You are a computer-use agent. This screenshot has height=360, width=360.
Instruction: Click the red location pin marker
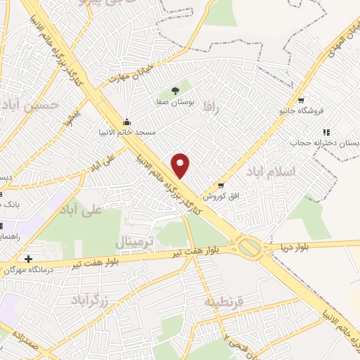click(181, 165)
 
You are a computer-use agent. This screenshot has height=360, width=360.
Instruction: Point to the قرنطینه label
click(223, 302)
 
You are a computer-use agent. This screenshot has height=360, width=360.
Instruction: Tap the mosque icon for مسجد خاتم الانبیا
click(126, 120)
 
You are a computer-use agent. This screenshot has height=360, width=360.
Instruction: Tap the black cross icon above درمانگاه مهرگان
click(27, 259)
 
